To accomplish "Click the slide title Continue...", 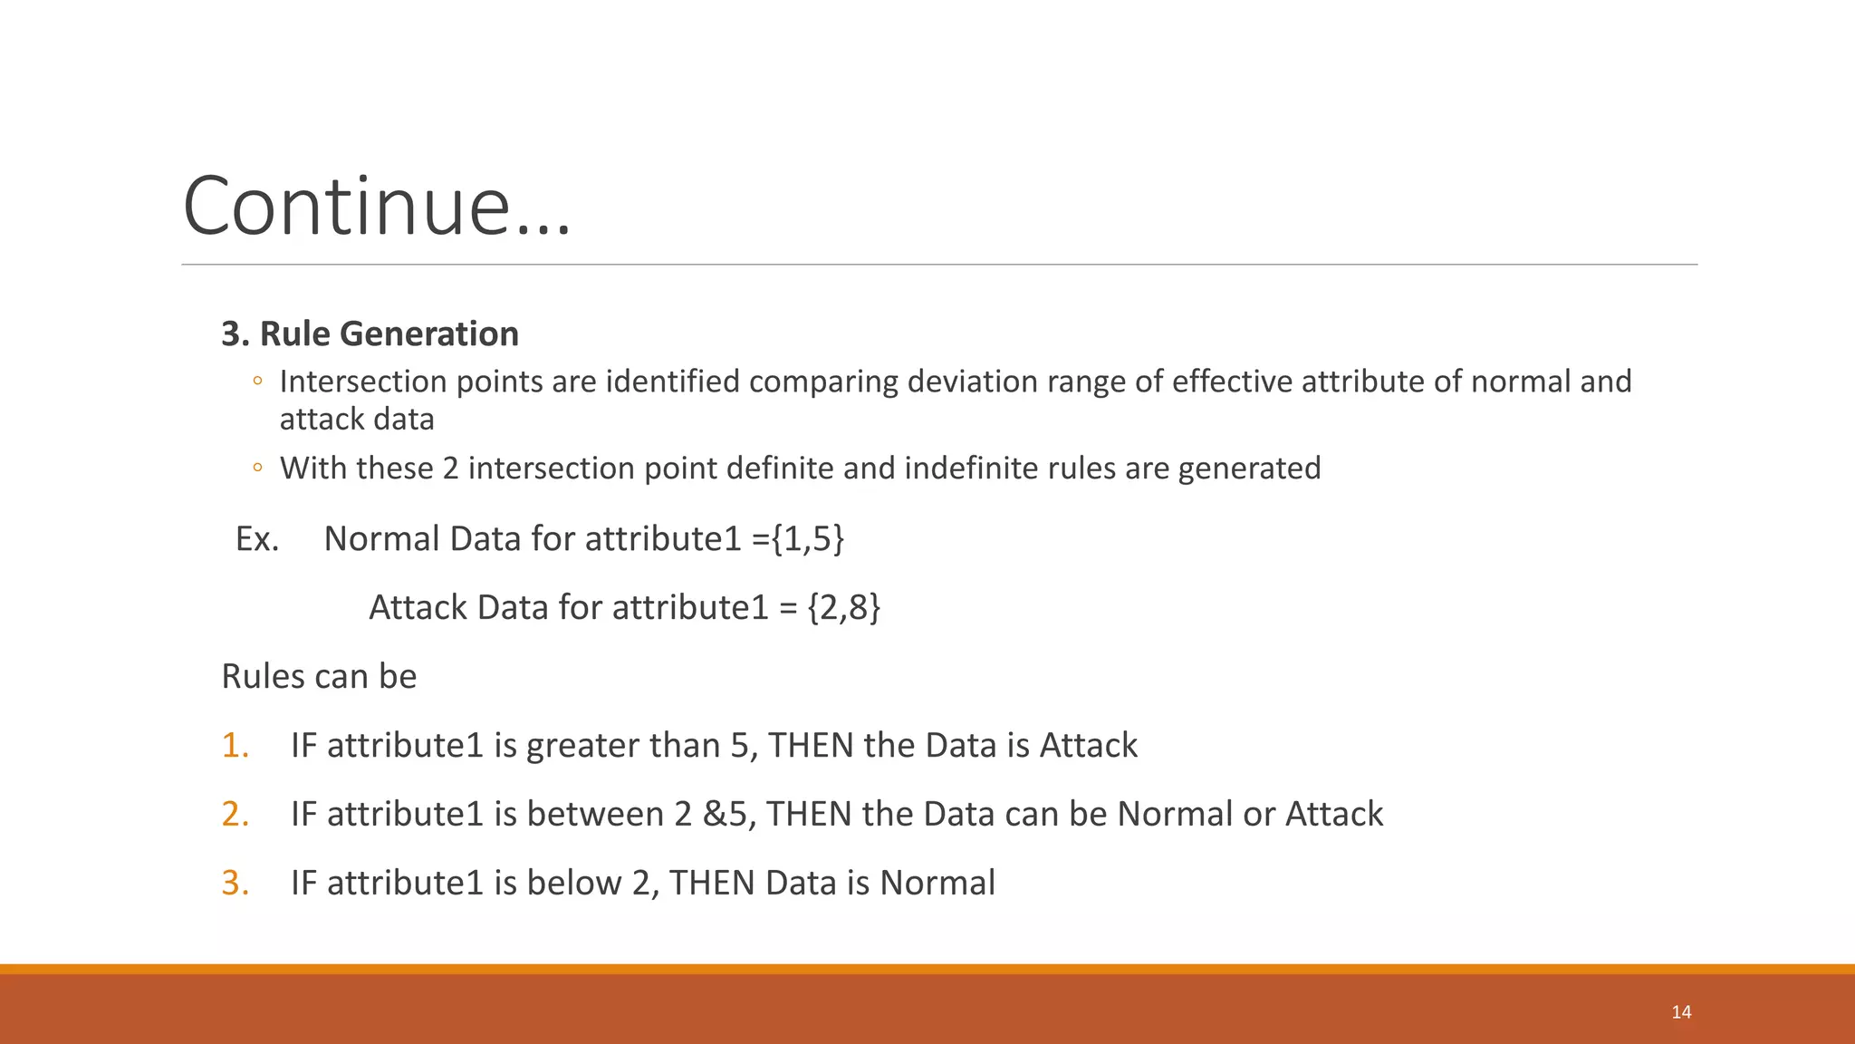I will pos(376,207).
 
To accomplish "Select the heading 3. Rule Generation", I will pos(370,333).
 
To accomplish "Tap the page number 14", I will pos(1681,1012).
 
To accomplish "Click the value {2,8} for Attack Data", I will pos(843,607).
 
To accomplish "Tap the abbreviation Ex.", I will pos(256,539).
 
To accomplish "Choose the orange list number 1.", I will pos(235,746).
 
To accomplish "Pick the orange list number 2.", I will pos(235,815).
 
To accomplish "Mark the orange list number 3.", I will pos(235,884).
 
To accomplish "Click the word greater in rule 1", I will pos(581,746).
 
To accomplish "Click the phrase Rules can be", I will pos(319,677).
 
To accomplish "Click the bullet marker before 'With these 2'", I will pos(257,469).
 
